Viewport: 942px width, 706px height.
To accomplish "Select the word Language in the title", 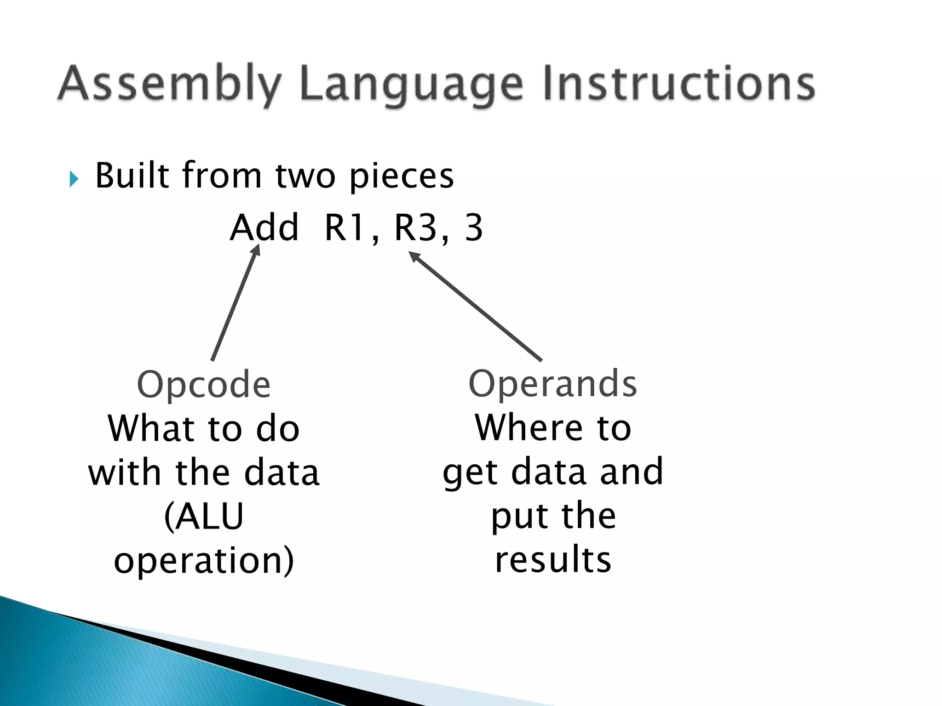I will click(412, 85).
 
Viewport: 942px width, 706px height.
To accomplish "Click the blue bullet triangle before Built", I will click(74, 179).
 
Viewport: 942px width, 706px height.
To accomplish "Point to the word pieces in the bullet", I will click(402, 176).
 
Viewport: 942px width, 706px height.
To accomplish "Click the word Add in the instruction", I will click(264, 228).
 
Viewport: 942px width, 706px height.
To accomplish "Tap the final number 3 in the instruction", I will click(474, 228).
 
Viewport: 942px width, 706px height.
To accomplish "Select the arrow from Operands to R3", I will click(476, 306).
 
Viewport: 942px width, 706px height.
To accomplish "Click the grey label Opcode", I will click(204, 384).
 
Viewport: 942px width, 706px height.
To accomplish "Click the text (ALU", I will click(204, 517).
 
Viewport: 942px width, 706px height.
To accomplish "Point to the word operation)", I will click(204, 561).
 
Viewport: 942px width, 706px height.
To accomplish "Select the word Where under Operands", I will click(528, 427).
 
